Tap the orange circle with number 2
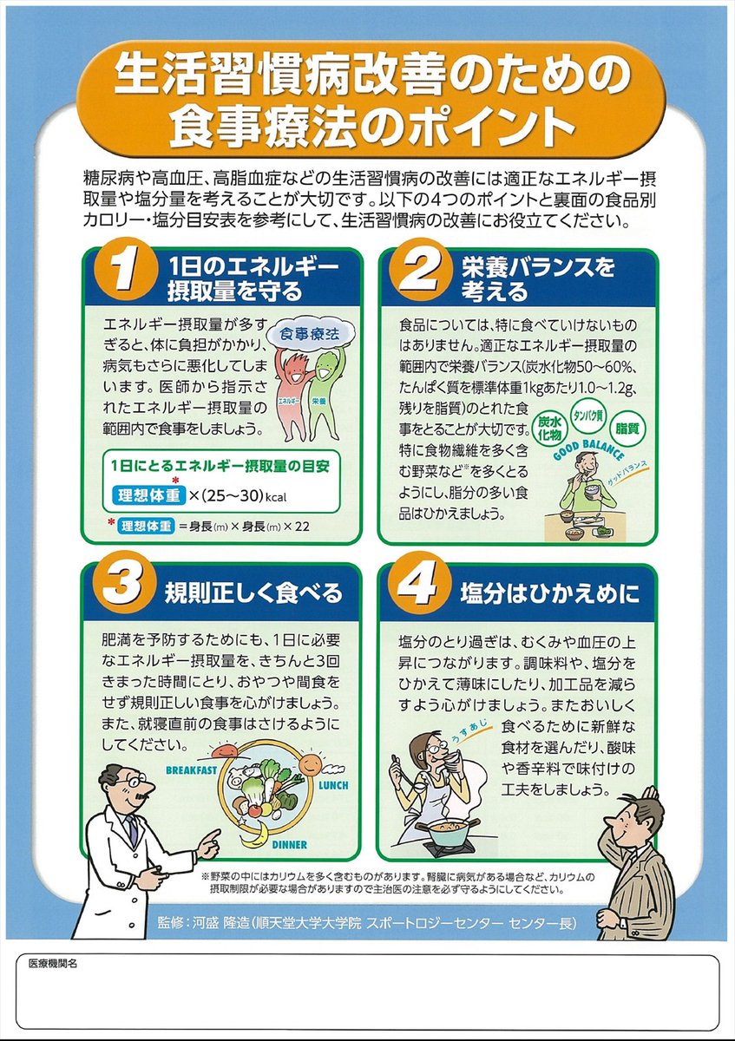[420, 269]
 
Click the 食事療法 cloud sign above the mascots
[311, 334]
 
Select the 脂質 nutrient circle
[627, 428]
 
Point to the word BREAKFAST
[191, 770]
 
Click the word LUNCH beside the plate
[333, 785]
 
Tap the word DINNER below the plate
[289, 845]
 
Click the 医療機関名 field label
[53, 964]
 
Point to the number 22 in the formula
[302, 527]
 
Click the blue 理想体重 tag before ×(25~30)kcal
[148, 496]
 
